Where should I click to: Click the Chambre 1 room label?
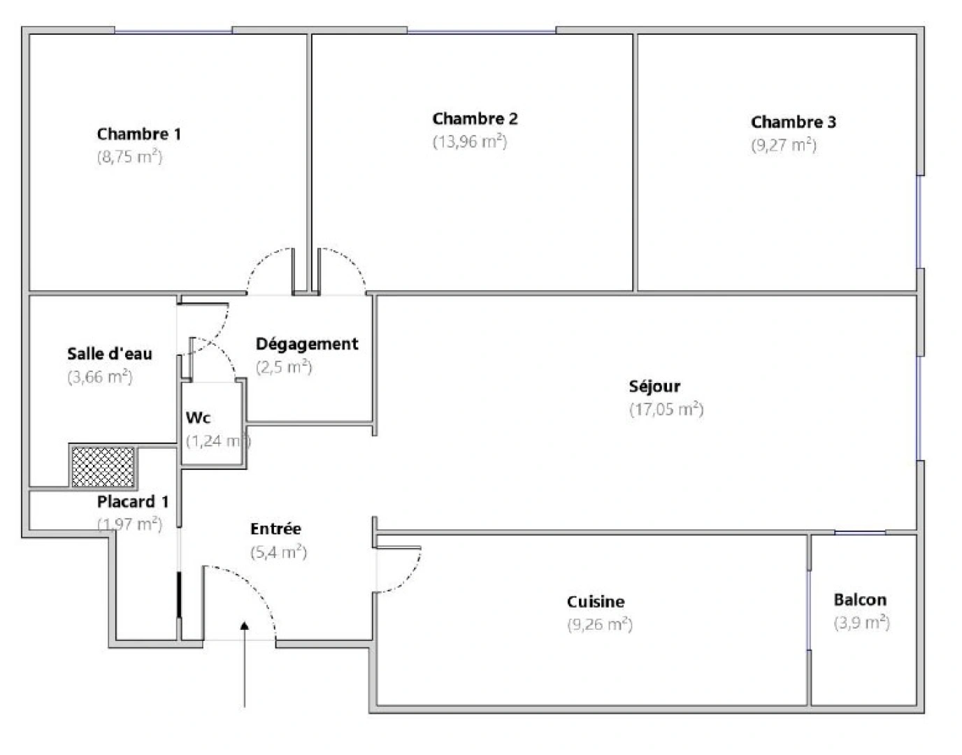[x=138, y=134]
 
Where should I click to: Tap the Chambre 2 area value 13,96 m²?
[x=469, y=142]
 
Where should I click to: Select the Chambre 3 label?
[x=793, y=122]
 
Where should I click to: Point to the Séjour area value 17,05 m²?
[x=666, y=410]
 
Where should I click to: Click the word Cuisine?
[x=596, y=602]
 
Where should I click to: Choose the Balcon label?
[x=860, y=600]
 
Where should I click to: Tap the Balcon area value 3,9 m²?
[x=861, y=623]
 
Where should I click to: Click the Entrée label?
[x=275, y=529]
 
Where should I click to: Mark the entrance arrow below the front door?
[x=244, y=664]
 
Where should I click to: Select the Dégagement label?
[x=306, y=344]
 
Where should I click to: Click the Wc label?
[x=198, y=418]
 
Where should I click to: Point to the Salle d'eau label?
[x=109, y=354]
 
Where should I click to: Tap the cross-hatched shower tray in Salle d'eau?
[x=103, y=467]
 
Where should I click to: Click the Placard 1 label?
[x=132, y=502]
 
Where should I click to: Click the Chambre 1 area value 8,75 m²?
[x=129, y=157]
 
